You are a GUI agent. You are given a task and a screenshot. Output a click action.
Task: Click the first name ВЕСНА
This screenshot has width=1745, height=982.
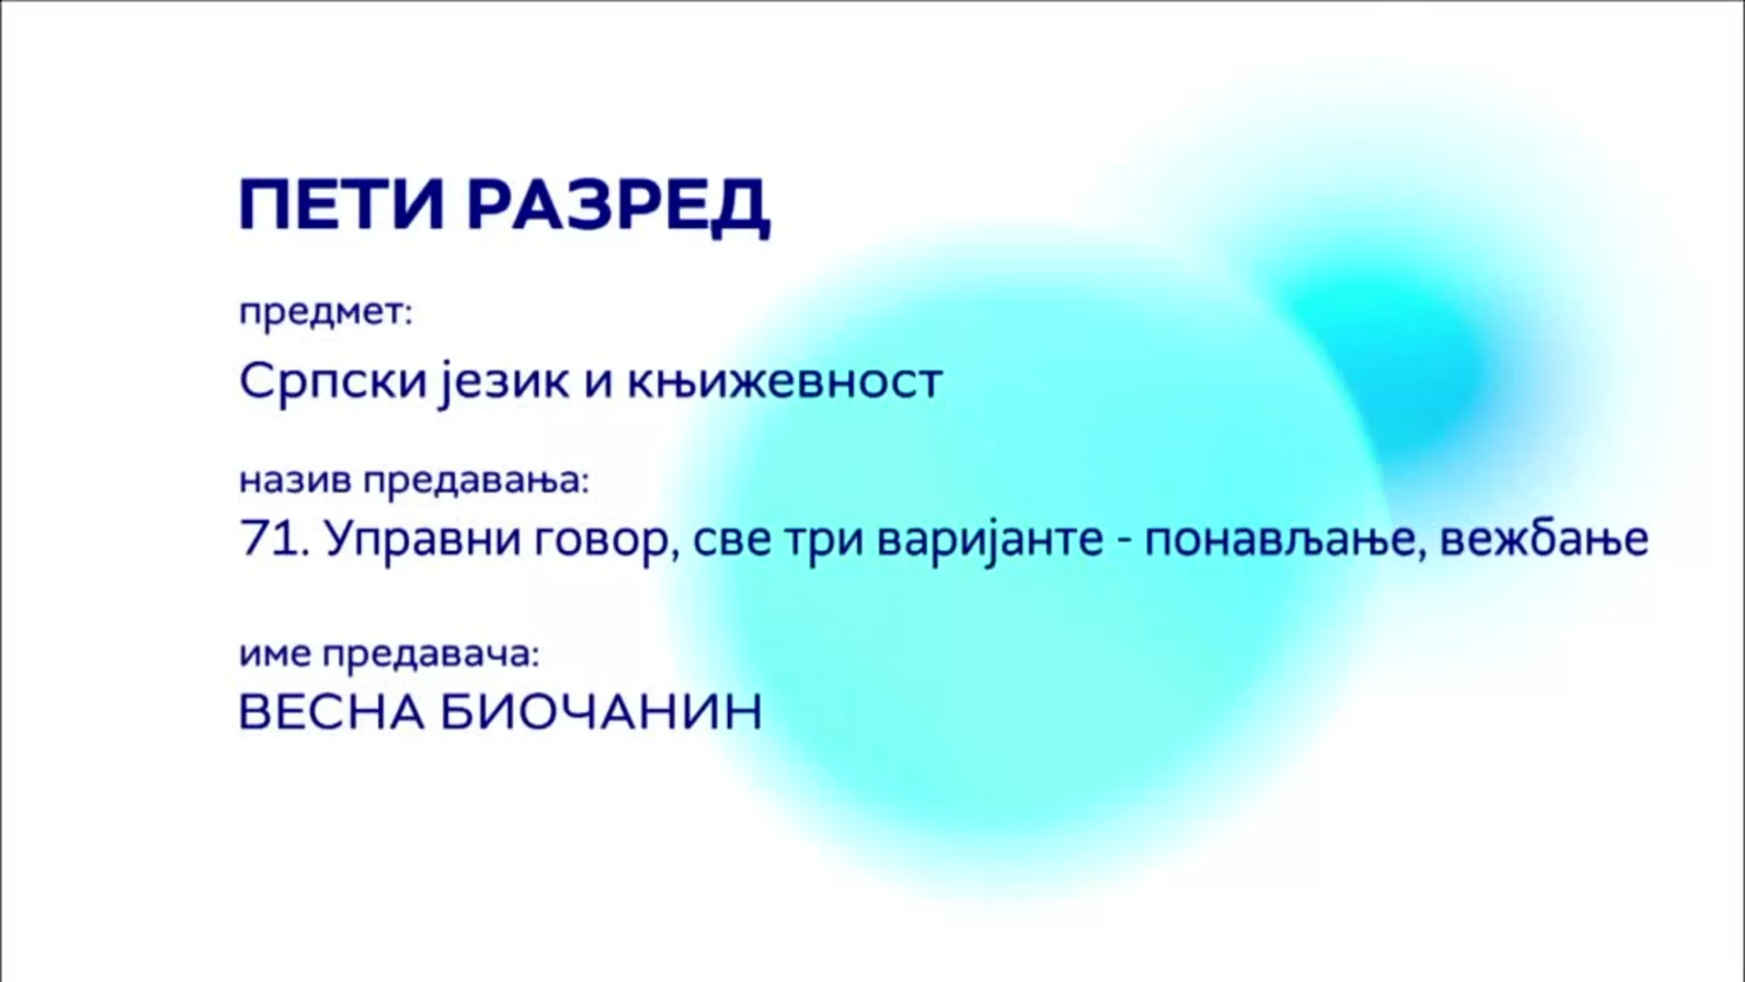(332, 712)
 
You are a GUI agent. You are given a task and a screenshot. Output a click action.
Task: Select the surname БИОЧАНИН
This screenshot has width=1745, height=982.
(602, 712)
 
